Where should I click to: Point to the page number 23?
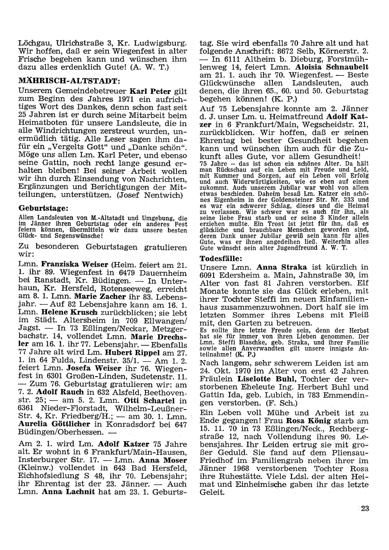click(x=365, y=508)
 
